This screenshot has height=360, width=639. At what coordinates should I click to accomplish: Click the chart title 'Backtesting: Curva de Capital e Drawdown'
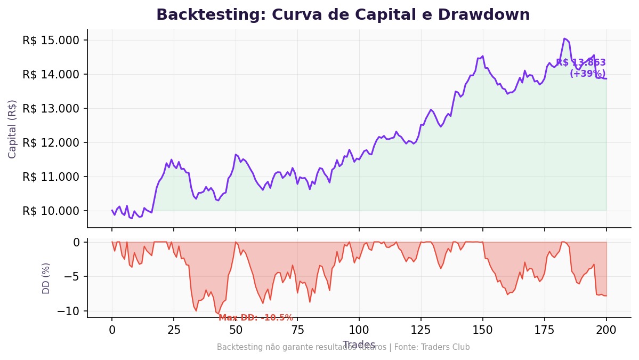[x=343, y=15]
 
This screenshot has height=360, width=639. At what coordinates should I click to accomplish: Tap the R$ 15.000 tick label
[x=51, y=41]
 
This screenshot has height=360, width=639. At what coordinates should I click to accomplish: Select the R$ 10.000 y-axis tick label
[x=51, y=211]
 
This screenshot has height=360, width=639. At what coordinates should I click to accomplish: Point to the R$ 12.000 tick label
[x=51, y=143]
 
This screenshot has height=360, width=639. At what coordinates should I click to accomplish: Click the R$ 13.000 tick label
[x=51, y=109]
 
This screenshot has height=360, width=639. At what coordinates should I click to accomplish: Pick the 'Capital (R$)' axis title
[x=13, y=129]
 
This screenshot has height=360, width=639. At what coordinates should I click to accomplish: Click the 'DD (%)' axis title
[x=46, y=278]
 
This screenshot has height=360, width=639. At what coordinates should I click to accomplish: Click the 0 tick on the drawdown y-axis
[x=77, y=242]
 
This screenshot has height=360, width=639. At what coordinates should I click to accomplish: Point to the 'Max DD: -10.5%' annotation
[x=256, y=318]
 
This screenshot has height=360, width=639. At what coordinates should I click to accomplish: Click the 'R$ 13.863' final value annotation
[x=580, y=63]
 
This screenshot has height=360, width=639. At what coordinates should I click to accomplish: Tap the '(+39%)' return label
[x=587, y=74]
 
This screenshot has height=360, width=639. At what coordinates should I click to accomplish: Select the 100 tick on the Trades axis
[x=359, y=330]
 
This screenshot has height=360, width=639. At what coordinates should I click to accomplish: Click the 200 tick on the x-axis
[x=606, y=330]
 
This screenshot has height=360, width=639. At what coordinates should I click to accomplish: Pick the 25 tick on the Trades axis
[x=173, y=330]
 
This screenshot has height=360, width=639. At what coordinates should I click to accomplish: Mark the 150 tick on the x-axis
[x=482, y=330]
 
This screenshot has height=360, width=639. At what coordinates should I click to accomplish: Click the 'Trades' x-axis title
[x=359, y=345]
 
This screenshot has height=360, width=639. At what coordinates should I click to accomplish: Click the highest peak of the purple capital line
[x=564, y=38]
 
